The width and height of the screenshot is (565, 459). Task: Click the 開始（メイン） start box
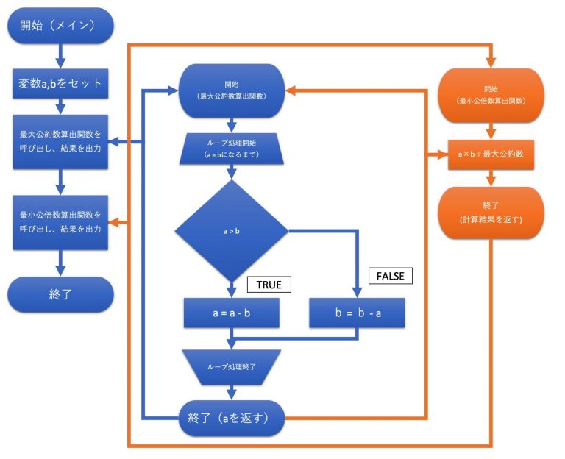pos(61,26)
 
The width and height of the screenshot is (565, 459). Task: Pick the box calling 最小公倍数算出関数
pos(61,222)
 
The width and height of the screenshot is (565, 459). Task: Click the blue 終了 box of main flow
pos(61,295)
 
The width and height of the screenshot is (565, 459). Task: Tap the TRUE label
pos(269,285)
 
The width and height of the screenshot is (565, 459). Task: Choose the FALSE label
pos(391,276)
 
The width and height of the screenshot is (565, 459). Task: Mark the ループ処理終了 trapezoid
pos(232,365)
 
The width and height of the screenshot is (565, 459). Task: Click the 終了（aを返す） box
pos(232,418)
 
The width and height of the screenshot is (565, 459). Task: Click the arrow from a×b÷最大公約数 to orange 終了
pos(489,177)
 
